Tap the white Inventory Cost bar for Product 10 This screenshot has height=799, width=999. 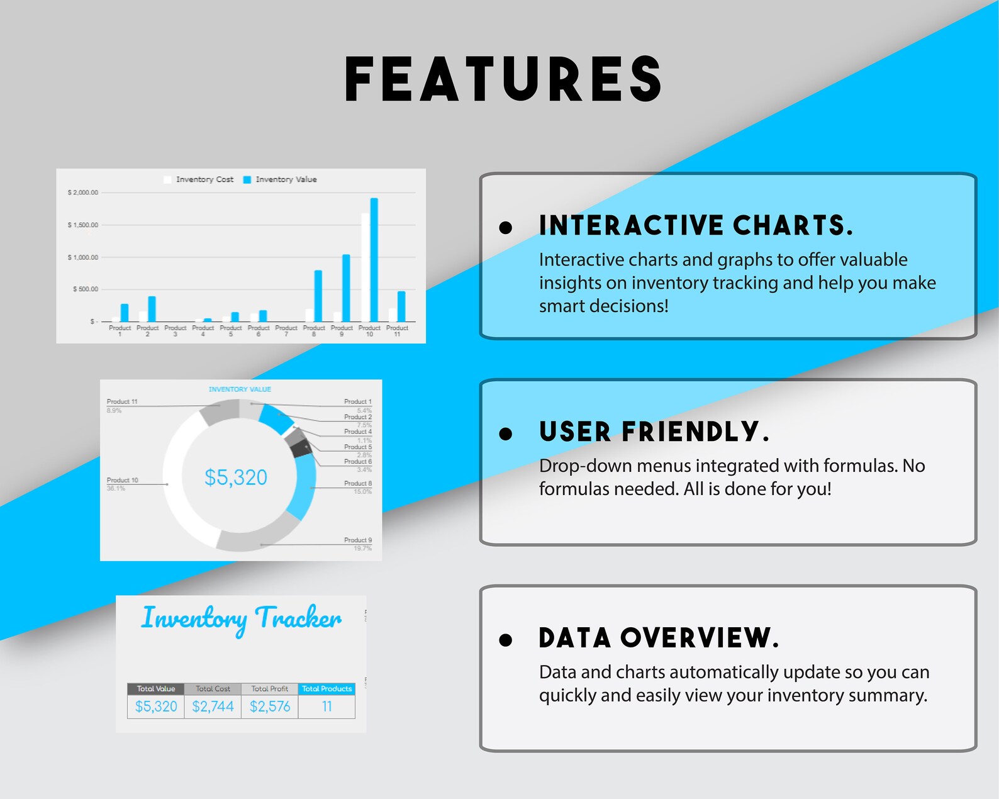click(366, 267)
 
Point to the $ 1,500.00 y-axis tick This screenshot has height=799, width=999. click(83, 225)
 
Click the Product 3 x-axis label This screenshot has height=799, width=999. click(176, 330)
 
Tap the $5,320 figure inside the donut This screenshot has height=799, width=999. click(236, 478)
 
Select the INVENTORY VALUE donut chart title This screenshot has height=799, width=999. click(240, 389)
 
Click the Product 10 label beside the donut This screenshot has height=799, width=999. click(122, 480)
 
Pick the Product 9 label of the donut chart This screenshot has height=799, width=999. click(358, 540)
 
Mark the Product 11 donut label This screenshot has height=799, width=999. click(122, 401)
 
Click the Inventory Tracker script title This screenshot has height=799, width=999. click(241, 618)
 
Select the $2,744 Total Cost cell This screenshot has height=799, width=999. click(213, 707)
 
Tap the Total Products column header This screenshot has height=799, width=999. click(327, 689)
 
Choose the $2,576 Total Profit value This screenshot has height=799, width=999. click(270, 707)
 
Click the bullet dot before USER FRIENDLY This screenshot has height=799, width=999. click(505, 433)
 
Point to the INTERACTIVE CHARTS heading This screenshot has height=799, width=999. click(696, 225)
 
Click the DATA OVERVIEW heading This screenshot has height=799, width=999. click(659, 638)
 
